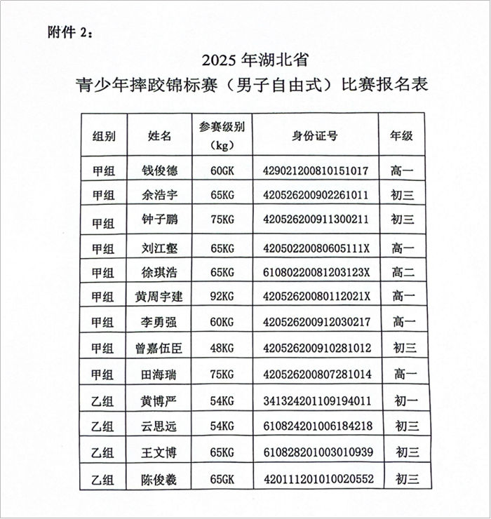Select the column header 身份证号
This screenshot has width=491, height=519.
pyautogui.click(x=315, y=136)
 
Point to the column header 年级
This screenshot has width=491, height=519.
pyautogui.click(x=402, y=136)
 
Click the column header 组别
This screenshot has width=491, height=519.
pyautogui.click(x=104, y=136)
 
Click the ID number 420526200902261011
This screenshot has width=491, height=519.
pyautogui.click(x=315, y=195)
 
